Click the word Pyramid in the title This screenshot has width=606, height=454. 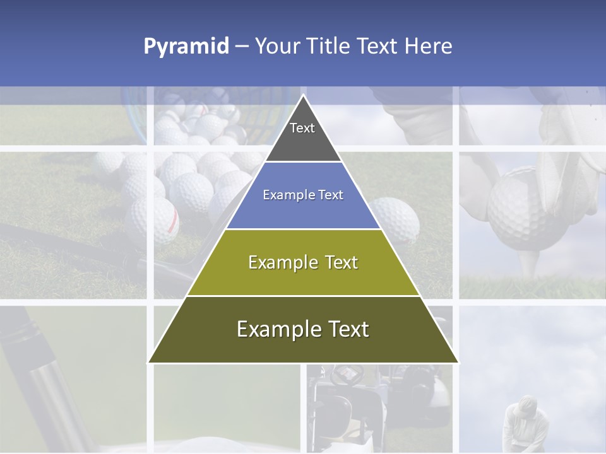click(186, 47)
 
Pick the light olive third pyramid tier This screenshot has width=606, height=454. click(303, 263)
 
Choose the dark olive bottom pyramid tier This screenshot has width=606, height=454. click(303, 330)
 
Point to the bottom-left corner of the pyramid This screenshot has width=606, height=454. click(148, 363)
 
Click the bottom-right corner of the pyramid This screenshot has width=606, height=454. click(458, 363)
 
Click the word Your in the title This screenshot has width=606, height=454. click(278, 46)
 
